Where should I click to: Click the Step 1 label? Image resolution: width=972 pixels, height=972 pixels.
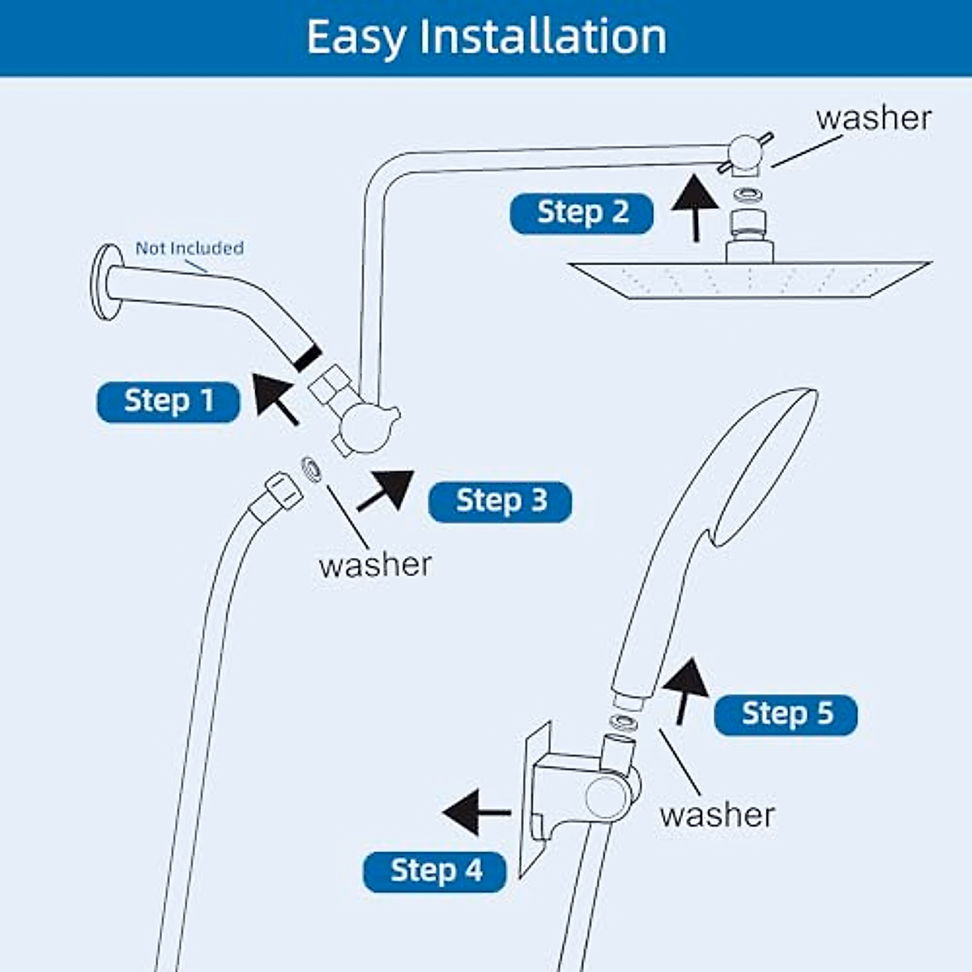168,402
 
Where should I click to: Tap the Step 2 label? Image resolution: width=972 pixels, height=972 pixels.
582,213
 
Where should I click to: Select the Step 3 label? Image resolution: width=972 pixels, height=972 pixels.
500,501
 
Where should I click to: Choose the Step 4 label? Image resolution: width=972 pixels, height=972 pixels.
435,872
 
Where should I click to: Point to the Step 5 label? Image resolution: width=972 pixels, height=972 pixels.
786,714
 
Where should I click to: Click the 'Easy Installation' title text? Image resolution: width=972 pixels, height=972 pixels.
486,37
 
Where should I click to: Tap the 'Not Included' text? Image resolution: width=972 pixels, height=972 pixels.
189,248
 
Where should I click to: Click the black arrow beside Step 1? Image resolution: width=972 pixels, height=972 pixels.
275,397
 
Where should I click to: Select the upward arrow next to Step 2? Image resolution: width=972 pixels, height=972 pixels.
695,207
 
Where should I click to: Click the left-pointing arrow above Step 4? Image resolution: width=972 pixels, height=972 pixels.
476,812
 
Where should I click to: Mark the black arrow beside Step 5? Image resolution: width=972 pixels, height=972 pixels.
685,688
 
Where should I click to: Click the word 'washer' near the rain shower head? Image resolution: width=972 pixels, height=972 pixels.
873,118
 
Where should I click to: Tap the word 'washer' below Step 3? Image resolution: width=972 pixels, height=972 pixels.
375,565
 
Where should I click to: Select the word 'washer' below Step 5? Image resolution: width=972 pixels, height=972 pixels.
717,814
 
